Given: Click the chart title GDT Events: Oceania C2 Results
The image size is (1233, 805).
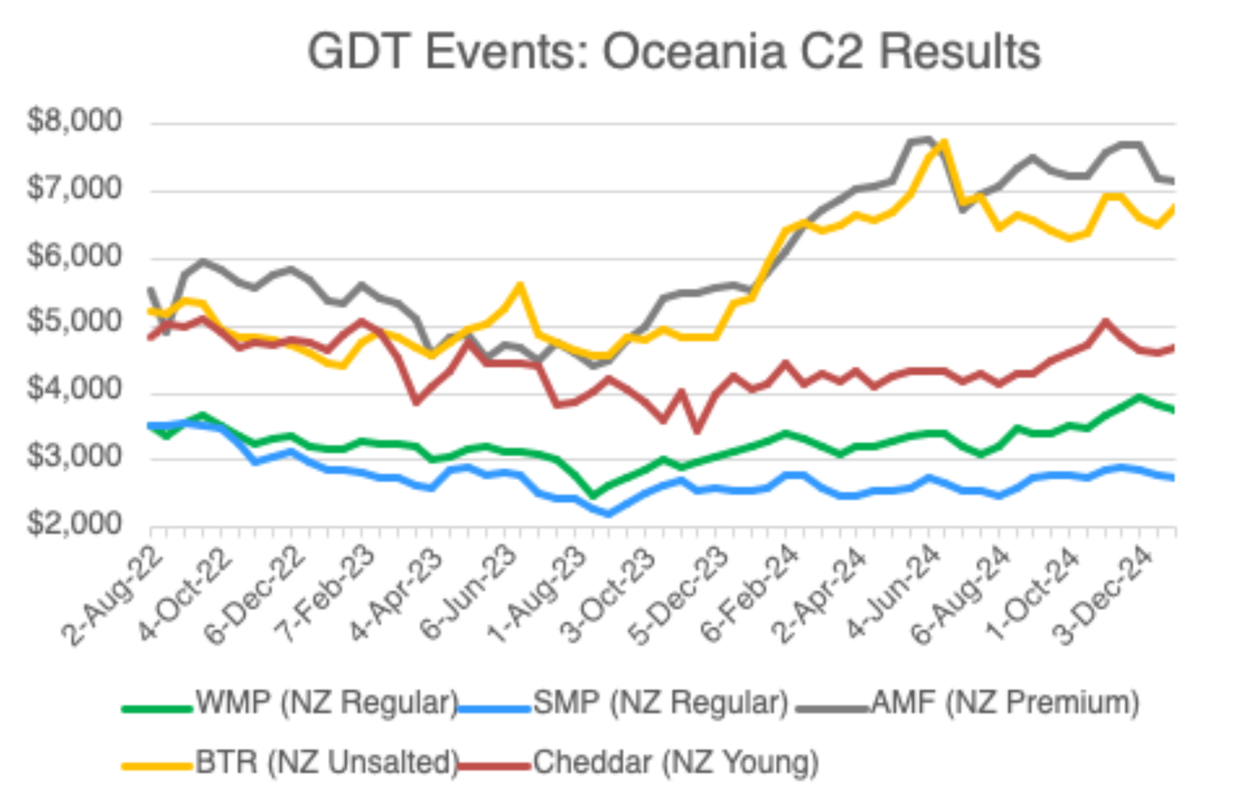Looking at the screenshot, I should point(674,52).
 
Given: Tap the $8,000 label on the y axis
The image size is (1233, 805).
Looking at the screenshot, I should point(75,120).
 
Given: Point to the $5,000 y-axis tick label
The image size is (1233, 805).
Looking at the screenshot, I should point(75,321).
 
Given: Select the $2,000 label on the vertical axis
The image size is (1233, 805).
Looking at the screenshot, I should point(75,524).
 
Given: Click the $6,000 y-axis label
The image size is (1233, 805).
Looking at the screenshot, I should point(75,255).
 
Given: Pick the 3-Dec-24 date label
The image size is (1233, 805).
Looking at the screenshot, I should point(1106,593).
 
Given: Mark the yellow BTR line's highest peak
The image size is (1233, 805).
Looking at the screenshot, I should point(944,142).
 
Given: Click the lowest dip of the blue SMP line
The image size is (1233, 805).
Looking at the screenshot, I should point(609,514).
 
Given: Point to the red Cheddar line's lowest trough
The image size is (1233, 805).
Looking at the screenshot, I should point(697,431).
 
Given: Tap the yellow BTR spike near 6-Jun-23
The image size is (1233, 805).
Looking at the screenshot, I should point(521,285).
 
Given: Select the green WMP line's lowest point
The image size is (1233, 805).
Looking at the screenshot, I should point(592,495).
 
